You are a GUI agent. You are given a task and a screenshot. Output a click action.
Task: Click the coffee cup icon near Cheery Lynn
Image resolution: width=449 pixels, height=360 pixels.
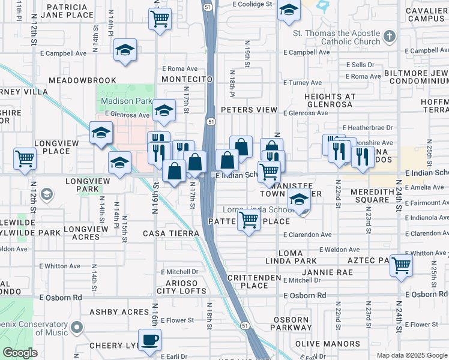149,340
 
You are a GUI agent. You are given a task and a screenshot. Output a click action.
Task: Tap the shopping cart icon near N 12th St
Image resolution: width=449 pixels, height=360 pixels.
25,159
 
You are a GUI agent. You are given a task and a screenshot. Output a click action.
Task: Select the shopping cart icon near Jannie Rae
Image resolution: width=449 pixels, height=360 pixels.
401,265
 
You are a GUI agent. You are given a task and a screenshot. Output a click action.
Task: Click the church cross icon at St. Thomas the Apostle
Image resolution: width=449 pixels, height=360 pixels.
389,37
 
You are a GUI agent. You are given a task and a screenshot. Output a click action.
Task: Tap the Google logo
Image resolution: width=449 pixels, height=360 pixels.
20,353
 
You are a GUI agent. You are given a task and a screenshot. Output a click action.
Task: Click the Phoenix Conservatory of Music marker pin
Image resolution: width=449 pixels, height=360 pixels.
76,328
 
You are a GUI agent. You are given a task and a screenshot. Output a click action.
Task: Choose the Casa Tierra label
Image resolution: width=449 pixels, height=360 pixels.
171,233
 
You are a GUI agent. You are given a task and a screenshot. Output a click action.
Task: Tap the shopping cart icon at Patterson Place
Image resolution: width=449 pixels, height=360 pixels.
249,221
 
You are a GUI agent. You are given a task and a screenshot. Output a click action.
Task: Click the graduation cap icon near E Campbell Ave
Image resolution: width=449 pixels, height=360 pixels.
125,50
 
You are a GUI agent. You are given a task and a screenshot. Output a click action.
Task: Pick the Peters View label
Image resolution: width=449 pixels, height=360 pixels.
249,110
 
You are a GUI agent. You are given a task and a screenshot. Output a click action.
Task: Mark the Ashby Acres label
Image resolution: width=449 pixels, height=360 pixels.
119,312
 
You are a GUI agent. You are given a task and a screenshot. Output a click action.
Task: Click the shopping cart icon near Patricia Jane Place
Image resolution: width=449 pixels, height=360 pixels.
160,19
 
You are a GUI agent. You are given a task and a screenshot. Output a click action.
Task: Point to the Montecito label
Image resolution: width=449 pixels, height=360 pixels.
188,79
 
